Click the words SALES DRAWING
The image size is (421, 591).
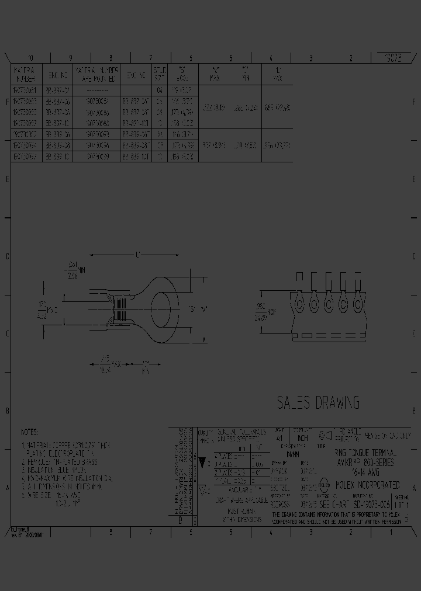(318, 402)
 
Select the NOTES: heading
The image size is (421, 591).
(29, 433)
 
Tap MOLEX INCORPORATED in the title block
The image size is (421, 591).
(367, 485)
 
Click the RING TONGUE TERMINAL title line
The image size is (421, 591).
(365, 453)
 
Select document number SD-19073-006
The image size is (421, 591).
(372, 504)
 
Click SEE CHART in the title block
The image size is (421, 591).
(333, 504)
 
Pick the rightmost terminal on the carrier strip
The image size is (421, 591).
(358, 302)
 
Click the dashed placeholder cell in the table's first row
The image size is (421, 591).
(96, 91)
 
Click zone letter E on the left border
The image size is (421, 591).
(7, 179)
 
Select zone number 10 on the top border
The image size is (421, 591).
(30, 58)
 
